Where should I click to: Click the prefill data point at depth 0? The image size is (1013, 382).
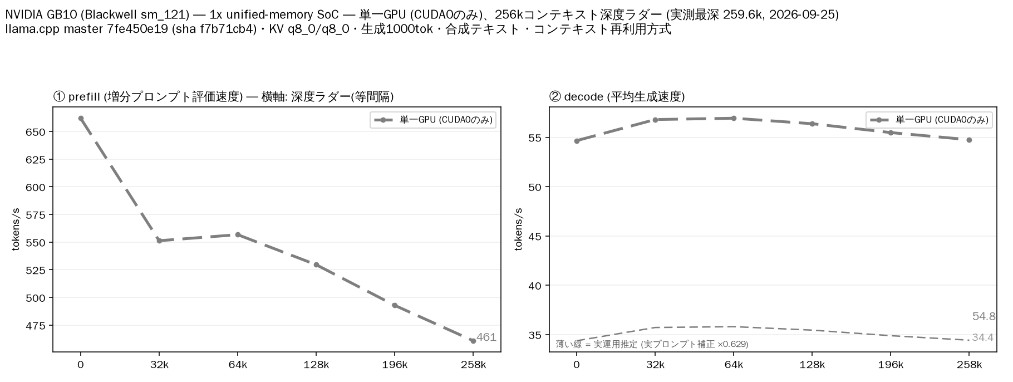pos(81,118)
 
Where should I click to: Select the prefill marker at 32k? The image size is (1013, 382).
pos(159,241)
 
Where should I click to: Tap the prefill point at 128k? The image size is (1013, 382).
pos(316,265)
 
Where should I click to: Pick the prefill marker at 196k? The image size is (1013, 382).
pos(395,305)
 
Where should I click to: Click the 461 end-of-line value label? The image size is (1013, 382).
pos(486,337)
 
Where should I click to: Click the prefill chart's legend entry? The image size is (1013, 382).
pos(432,120)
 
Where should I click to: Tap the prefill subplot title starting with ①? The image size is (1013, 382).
pos(223,97)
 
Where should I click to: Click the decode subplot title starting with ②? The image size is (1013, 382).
pos(617,97)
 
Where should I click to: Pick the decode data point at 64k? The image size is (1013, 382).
pos(734,118)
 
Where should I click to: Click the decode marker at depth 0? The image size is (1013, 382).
pos(577,141)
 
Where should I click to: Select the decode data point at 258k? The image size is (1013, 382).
pos(969,140)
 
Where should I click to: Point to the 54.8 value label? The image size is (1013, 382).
pos(984,316)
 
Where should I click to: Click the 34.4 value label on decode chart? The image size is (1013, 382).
pos(982,337)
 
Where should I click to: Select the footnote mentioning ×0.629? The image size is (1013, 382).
pos(652,344)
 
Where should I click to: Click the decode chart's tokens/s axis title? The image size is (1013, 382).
pos(518,229)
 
